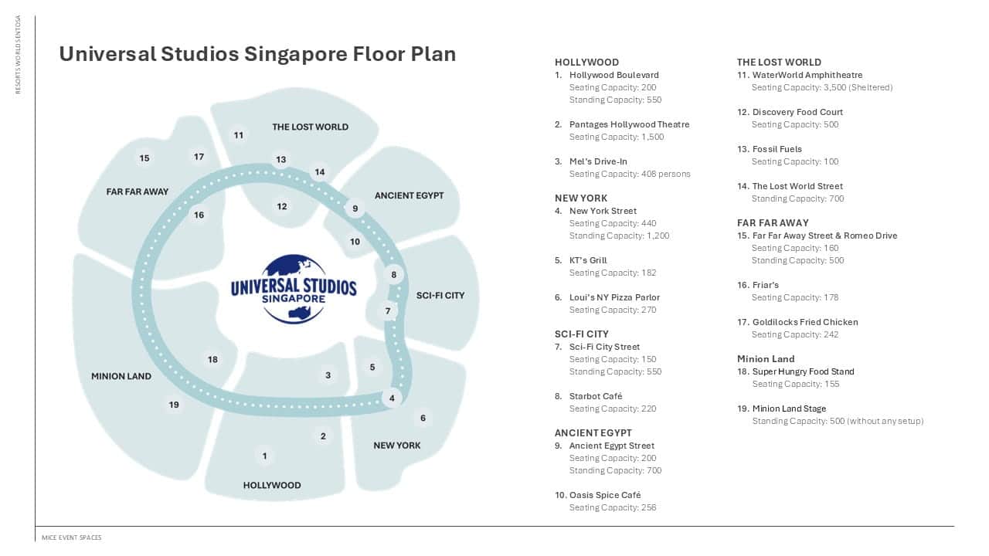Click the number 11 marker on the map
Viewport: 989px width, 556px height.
tap(239, 135)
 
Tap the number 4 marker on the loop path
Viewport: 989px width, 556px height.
tap(392, 398)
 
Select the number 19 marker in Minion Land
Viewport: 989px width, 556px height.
tap(174, 405)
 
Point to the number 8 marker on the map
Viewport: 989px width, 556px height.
tap(393, 275)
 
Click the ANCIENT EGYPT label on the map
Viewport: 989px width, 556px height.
tap(409, 195)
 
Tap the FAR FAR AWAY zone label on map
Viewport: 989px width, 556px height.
tap(138, 192)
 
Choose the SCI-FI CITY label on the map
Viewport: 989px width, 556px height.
tap(440, 295)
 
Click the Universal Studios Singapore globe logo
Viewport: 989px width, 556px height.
tap(294, 289)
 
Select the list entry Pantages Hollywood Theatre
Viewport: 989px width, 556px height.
tap(629, 124)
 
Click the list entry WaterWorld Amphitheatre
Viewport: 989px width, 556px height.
tap(807, 75)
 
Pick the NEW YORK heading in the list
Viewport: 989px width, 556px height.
tap(581, 198)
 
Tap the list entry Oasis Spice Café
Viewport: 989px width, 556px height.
tap(605, 495)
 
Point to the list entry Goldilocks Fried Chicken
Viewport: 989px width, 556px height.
tap(805, 322)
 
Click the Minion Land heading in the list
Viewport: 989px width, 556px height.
tap(766, 359)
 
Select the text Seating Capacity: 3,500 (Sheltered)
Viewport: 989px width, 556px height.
tap(822, 87)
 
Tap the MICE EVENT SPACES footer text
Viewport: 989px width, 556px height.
tap(72, 537)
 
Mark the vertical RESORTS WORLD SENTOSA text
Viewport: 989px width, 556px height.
tap(18, 54)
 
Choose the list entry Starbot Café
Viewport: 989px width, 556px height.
tap(596, 396)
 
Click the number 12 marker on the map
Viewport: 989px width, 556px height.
tap(282, 206)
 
